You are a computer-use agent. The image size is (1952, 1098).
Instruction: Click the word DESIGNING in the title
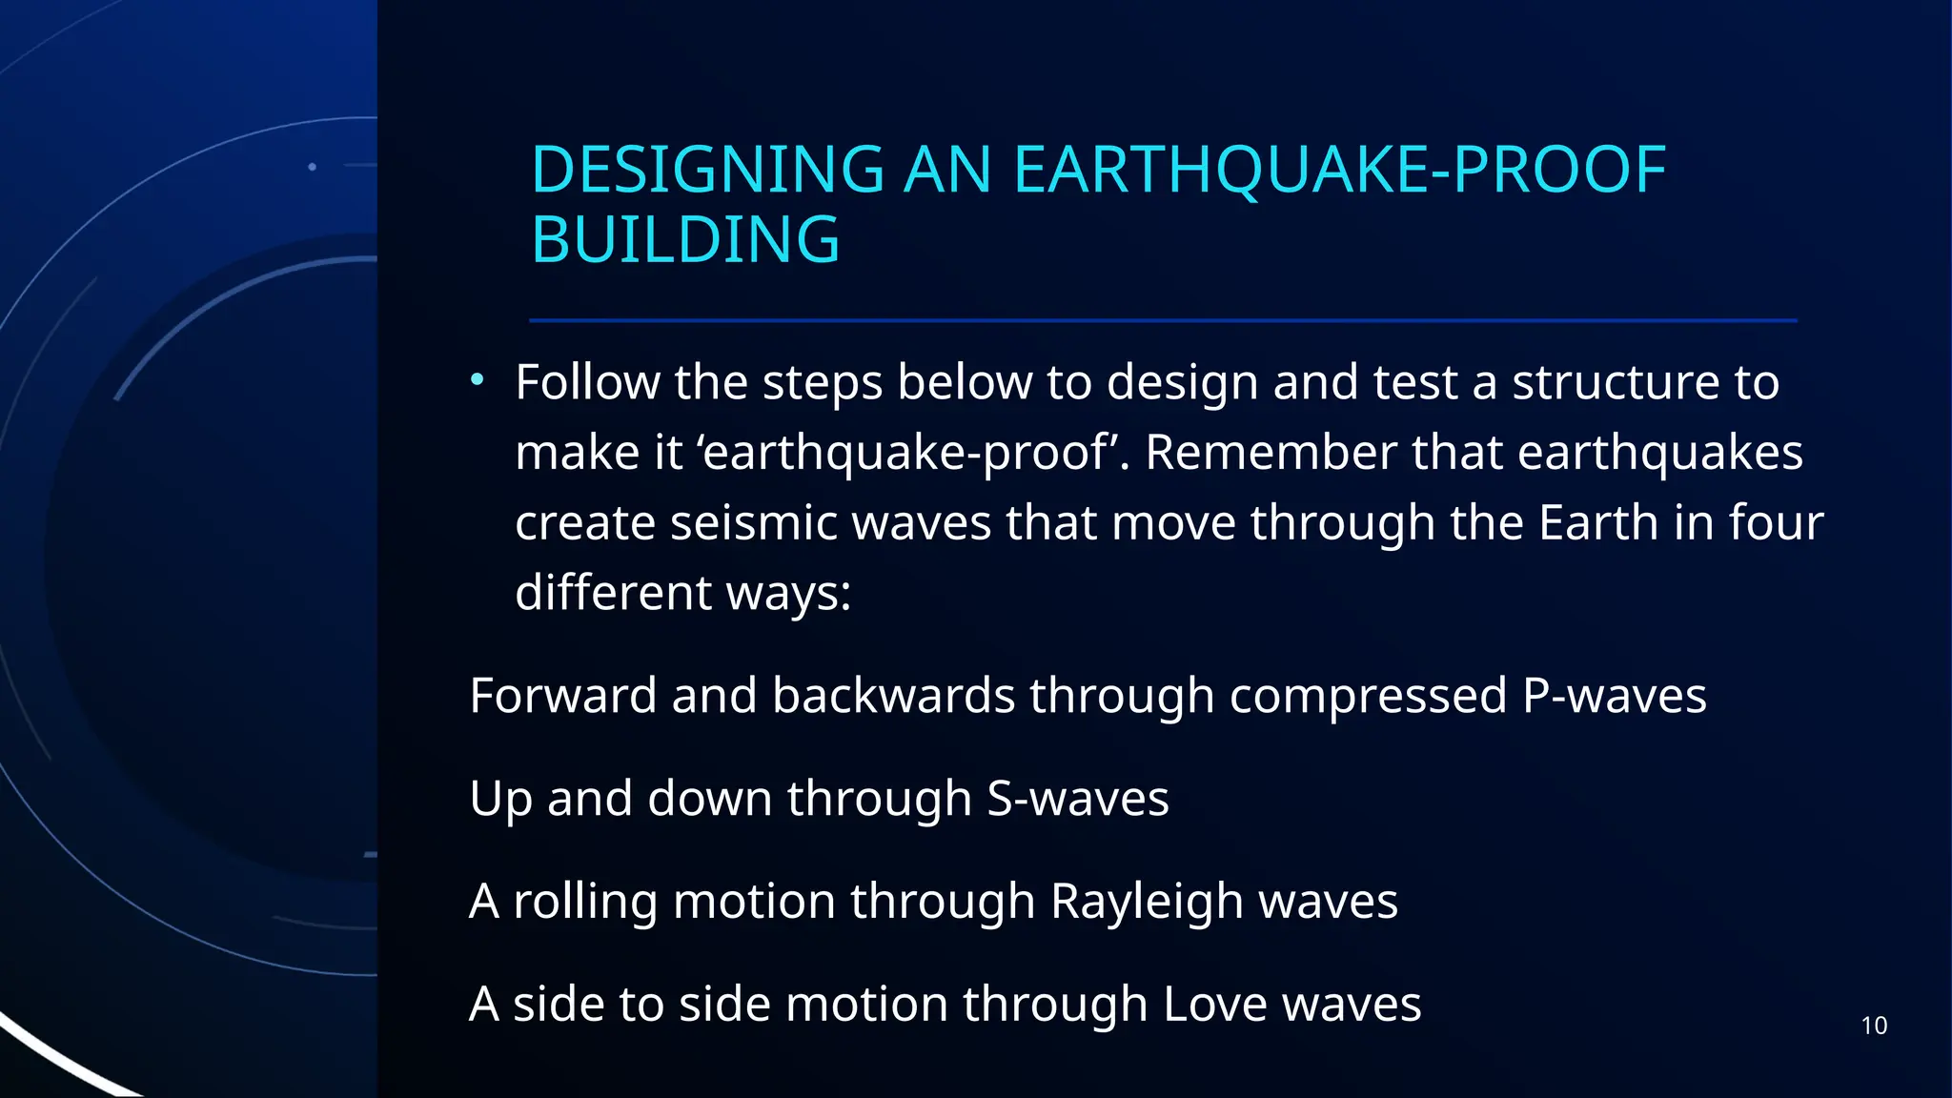tap(707, 171)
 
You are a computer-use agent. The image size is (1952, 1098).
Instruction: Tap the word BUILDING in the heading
tap(685, 239)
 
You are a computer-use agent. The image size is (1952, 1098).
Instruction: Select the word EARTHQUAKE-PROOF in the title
tap(1339, 171)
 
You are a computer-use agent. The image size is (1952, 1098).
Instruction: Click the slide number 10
tap(1874, 1027)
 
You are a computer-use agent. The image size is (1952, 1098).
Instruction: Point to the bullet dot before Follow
tap(478, 381)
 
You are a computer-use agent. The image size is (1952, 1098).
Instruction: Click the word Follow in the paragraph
tap(587, 382)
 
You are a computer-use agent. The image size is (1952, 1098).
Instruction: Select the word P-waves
tap(1614, 696)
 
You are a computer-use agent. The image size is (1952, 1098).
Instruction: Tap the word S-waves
tap(1077, 799)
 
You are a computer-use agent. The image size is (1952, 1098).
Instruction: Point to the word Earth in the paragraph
tap(1597, 523)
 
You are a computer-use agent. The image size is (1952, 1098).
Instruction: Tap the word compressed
tap(1368, 696)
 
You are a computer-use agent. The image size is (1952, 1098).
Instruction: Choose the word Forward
tap(563, 696)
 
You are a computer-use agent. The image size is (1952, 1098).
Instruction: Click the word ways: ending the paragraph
tap(788, 594)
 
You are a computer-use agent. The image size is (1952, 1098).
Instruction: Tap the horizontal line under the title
tap(1163, 320)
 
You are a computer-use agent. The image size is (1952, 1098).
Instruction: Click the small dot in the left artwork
tap(312, 167)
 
